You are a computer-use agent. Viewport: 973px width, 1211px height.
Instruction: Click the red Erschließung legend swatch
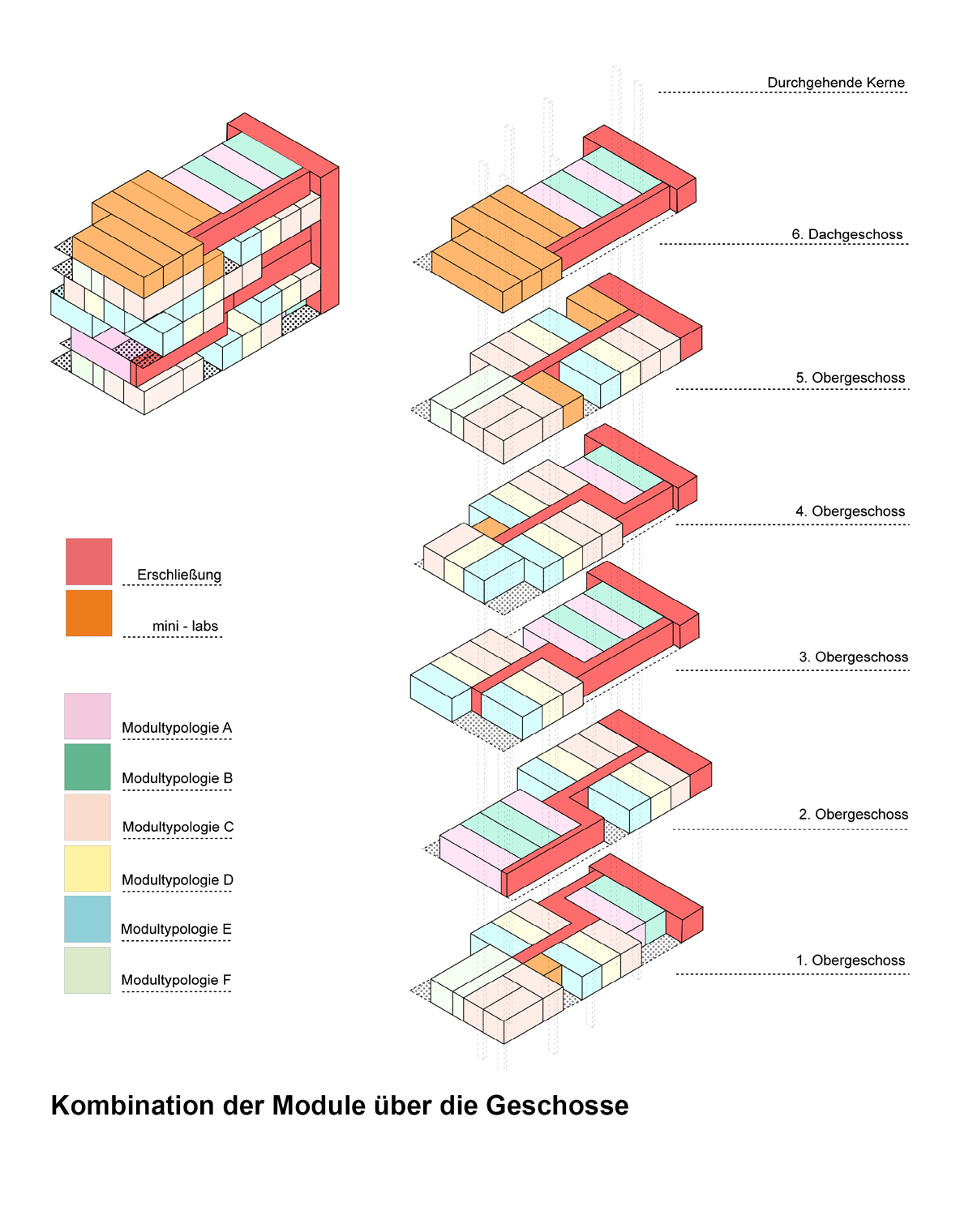(x=89, y=561)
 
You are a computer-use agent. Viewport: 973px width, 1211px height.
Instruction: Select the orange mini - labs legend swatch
(x=89, y=613)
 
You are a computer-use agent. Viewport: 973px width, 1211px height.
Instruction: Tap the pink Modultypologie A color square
(x=88, y=716)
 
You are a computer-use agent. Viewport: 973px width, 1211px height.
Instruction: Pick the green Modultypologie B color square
(x=88, y=767)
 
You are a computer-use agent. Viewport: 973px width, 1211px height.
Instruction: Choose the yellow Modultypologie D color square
(x=88, y=868)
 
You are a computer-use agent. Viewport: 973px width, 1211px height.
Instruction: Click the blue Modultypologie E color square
(x=88, y=918)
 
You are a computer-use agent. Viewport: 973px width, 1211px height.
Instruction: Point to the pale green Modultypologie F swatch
(x=88, y=969)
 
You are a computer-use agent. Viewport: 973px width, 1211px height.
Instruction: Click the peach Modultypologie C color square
(x=88, y=817)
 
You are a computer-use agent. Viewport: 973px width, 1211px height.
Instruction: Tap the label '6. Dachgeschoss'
(x=847, y=234)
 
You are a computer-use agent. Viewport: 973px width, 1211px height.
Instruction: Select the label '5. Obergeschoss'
(x=850, y=378)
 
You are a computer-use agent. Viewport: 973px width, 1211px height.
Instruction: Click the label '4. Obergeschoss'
(x=850, y=511)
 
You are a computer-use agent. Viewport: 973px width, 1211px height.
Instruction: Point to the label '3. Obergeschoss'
(x=853, y=657)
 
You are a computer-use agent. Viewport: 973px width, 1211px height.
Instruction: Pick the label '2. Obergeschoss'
(x=853, y=815)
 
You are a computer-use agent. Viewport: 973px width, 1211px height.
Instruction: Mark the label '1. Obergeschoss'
(x=850, y=961)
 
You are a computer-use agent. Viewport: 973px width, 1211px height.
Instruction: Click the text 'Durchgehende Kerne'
(x=836, y=83)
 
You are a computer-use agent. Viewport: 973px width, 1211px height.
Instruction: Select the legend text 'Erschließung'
(x=179, y=575)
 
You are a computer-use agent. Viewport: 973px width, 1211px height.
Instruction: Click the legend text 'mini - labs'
(x=185, y=626)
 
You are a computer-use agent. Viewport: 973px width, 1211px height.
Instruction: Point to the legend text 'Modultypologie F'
(x=176, y=980)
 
